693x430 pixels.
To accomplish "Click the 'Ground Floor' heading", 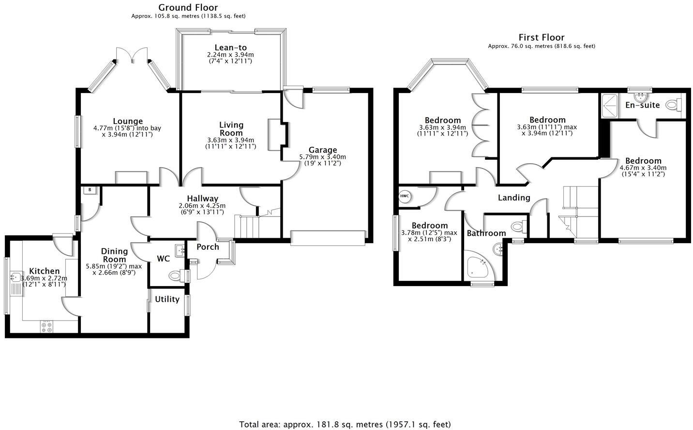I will point(188,7).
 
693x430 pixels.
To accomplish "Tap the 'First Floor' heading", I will point(541,37).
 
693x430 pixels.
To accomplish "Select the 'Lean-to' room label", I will point(231,47).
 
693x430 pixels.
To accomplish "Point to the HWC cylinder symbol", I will point(405,197).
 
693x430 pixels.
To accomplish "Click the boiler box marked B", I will point(89,190).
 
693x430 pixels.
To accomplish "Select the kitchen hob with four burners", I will point(47,327).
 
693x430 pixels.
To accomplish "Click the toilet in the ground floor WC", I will point(177,276).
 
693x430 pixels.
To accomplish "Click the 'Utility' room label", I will point(167,299).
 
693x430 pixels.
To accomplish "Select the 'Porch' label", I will point(208,247).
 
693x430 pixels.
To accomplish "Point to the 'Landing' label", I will point(514,198).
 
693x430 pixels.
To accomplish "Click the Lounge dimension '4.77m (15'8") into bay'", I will point(127,128).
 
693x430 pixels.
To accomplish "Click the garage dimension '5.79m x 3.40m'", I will point(322,157).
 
